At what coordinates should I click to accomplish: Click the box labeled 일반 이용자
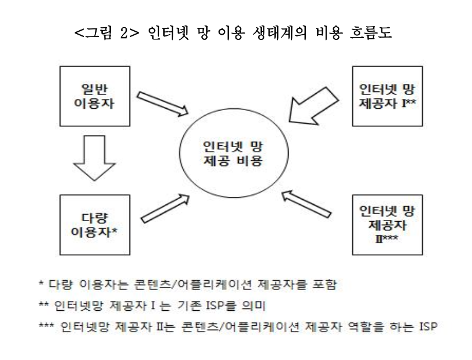coord(94,95)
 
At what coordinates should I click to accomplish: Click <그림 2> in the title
coord(101,33)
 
